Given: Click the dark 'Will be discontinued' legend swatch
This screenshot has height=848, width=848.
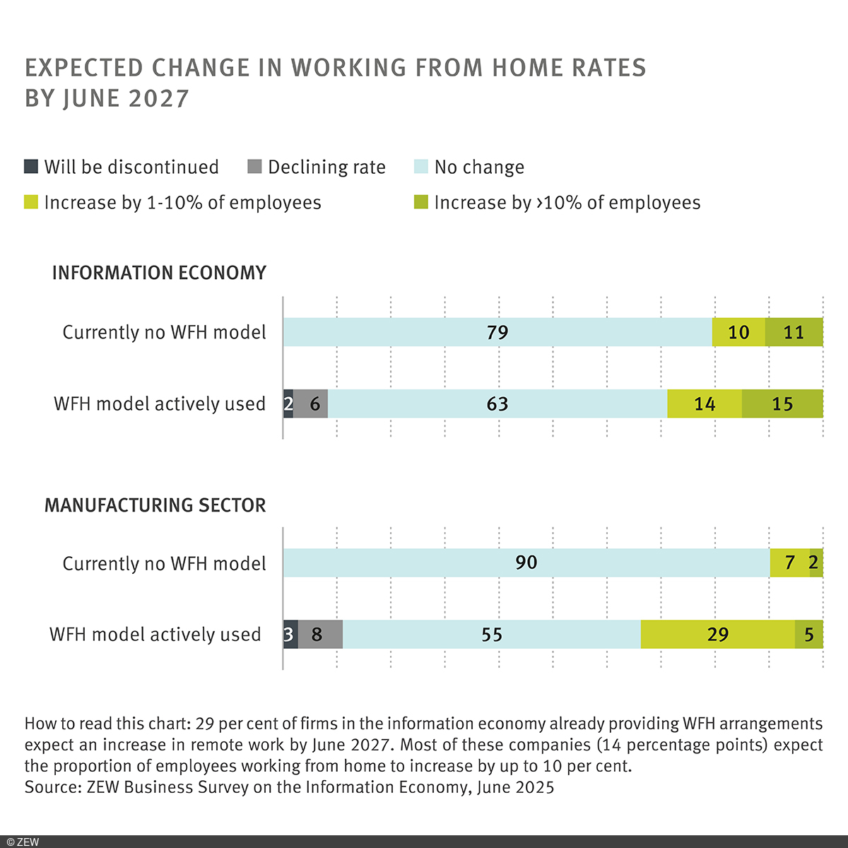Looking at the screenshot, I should tap(31, 167).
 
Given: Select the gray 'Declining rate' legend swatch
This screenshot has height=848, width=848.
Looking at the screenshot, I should tap(254, 167).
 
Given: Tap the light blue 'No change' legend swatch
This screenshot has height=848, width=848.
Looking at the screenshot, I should tap(420, 167).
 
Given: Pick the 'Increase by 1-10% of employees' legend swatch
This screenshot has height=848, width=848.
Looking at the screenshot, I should tap(31, 203).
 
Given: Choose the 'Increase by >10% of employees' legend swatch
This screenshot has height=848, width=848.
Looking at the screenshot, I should tap(420, 203).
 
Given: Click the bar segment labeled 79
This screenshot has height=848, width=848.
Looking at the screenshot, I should tap(497, 332).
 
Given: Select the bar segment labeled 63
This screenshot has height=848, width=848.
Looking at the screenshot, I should tap(497, 404).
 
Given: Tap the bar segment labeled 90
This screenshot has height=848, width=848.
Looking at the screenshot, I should tap(526, 563).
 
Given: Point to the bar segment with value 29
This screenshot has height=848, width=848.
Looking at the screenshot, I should tap(717, 635).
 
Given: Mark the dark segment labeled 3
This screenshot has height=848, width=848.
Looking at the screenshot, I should tap(290, 635).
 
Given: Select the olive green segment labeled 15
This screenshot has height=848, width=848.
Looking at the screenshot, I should tap(782, 404).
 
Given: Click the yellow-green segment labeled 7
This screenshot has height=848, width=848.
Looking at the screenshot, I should tap(789, 563).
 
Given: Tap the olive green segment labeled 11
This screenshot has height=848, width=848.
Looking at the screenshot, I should tap(794, 332).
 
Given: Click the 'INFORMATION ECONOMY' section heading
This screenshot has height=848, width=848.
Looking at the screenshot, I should tap(159, 273).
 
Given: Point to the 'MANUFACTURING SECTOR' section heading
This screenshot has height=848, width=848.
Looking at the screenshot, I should tap(155, 505).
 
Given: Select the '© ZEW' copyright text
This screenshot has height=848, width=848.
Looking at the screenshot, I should tap(23, 842).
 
